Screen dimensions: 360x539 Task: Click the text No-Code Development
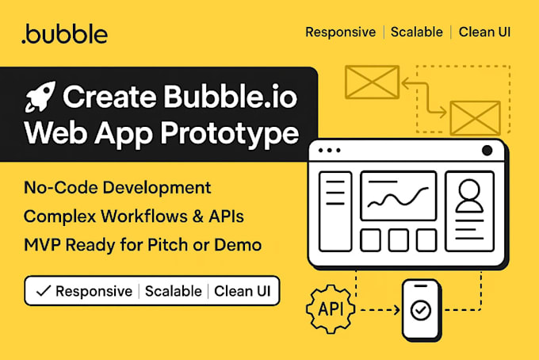pos(117,188)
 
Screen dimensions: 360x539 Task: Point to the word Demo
pos(239,244)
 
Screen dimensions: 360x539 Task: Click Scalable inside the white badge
pos(173,291)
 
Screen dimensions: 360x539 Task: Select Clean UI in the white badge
pos(241,291)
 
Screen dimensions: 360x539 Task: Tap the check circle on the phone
pos(420,310)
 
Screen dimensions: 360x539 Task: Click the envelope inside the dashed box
pos(474,117)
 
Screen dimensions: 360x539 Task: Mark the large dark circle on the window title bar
pos(487,151)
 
